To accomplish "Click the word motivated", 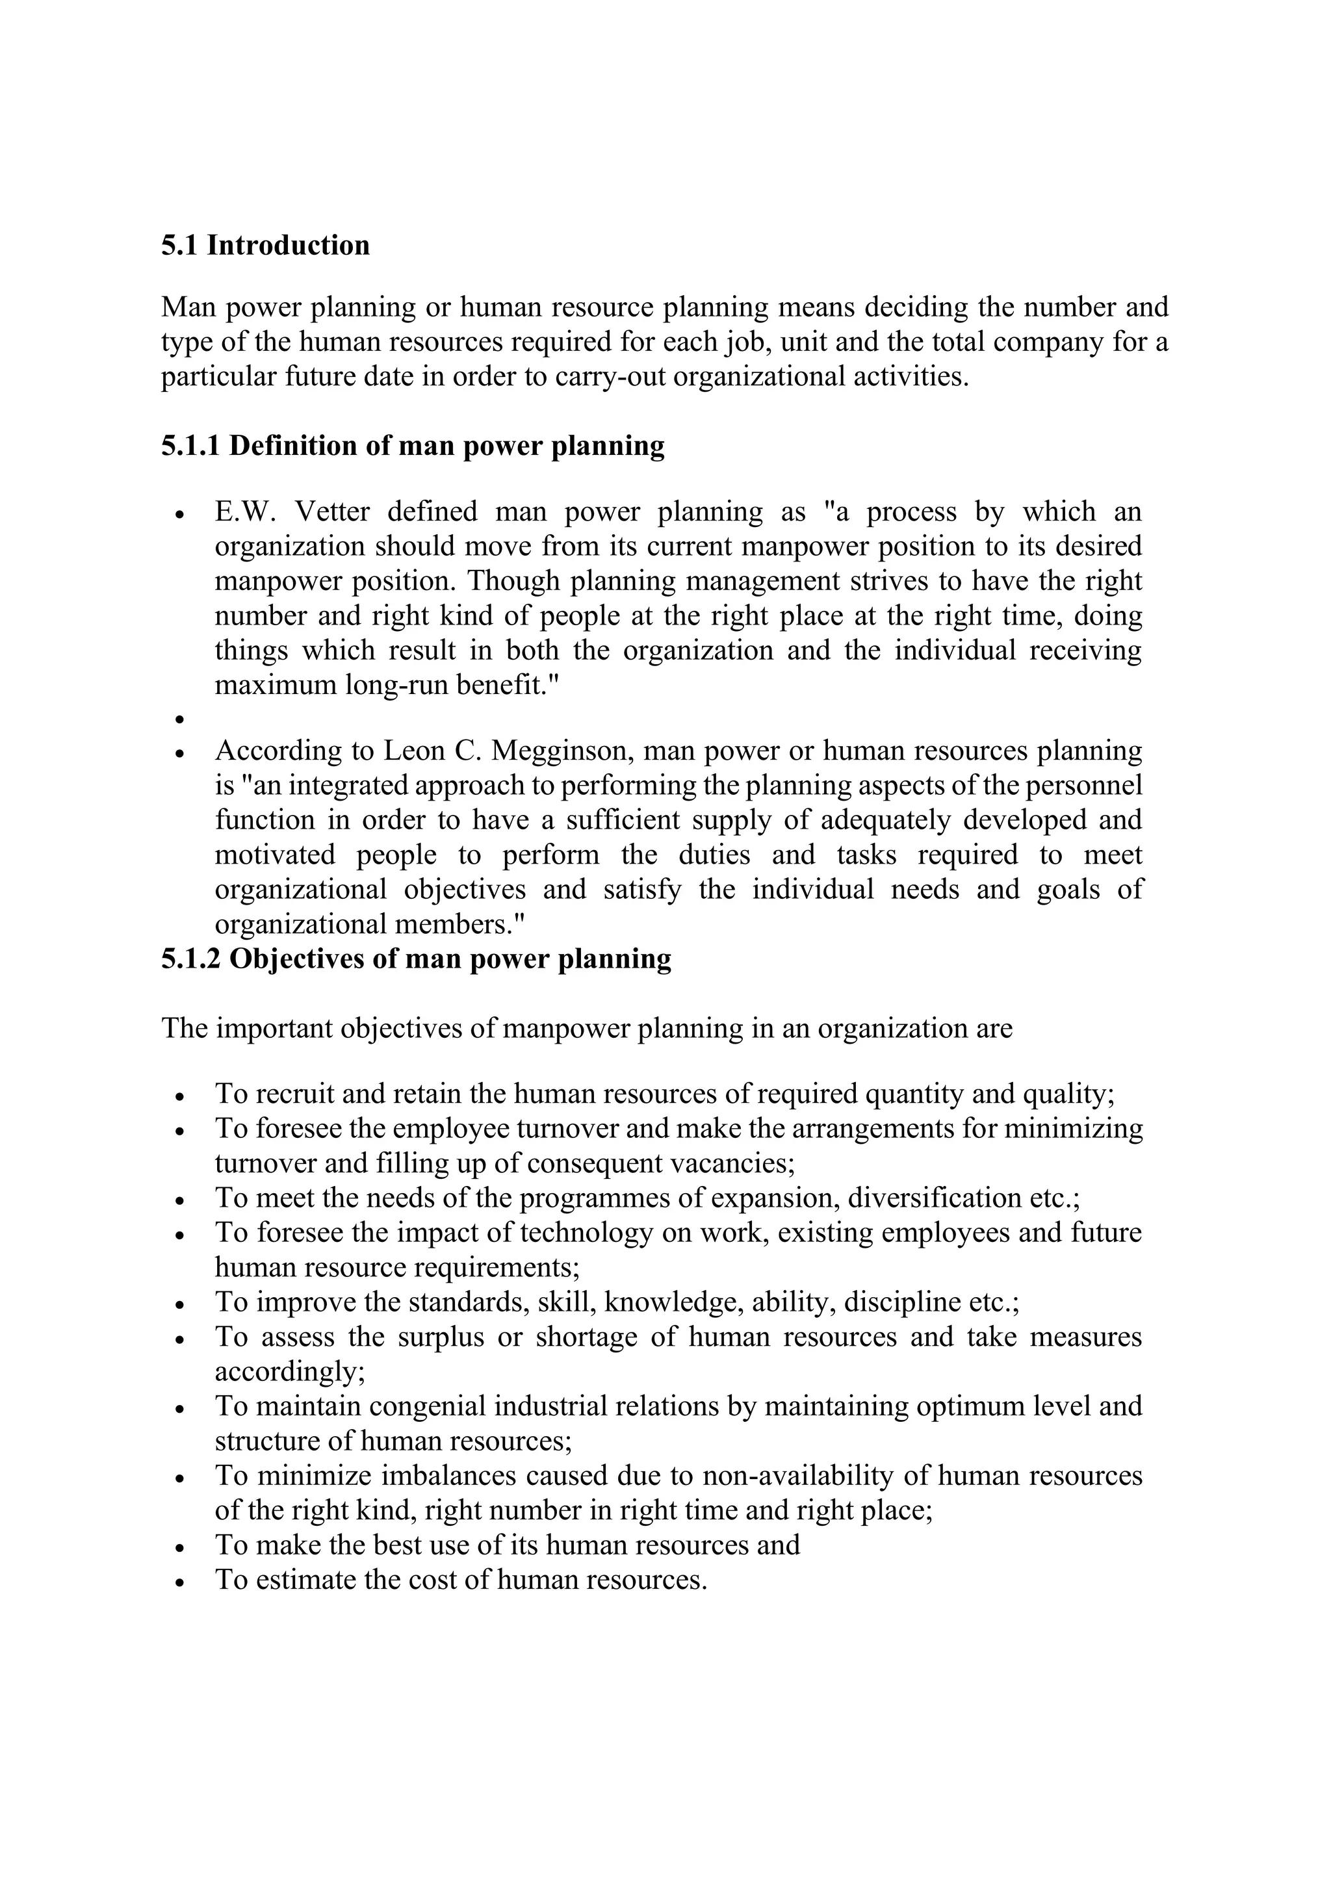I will click(274, 855).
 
